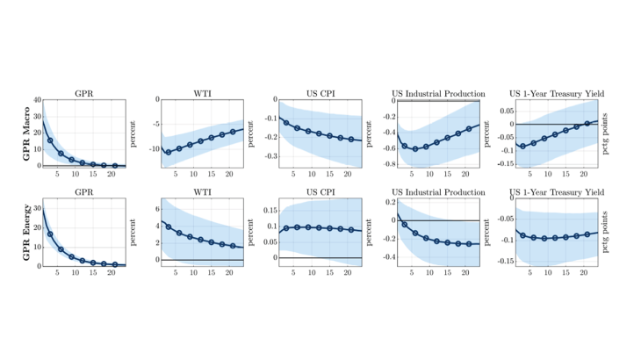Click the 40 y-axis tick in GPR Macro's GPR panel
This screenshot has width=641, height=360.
pyautogui.click(x=36, y=100)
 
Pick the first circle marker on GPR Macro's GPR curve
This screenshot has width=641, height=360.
pyautogui.click(x=50, y=140)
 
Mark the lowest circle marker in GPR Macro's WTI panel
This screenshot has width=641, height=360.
pyautogui.click(x=168, y=152)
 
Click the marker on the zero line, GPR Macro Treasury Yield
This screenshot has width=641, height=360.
pyautogui.click(x=587, y=124)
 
